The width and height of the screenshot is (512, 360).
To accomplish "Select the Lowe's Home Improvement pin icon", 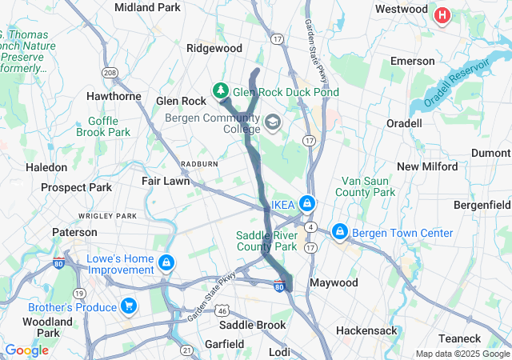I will [x=166, y=262].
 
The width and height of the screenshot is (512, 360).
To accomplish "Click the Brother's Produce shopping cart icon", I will [x=128, y=306].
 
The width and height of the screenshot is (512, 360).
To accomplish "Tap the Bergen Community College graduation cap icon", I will [x=273, y=122].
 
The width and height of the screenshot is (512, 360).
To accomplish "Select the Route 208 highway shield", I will [x=109, y=73].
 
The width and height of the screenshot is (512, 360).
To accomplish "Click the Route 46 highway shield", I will [x=223, y=310].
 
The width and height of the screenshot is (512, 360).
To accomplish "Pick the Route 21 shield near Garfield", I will [x=186, y=350].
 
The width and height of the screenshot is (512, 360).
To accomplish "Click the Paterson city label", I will [x=74, y=232].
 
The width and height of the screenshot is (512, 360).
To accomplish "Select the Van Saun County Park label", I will [x=366, y=186].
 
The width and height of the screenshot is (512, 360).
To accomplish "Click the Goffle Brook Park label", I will [x=103, y=126].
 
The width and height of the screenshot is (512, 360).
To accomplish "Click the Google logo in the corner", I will [x=26, y=350].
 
